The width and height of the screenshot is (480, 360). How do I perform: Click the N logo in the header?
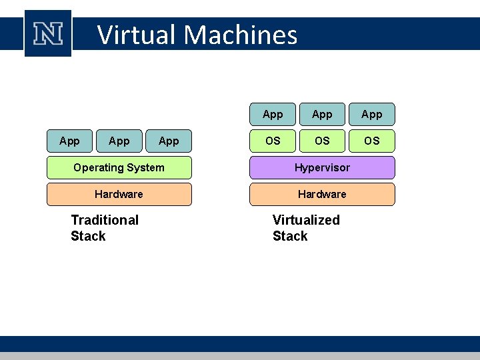tap(48, 33)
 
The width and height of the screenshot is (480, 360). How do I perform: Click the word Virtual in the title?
tap(137, 35)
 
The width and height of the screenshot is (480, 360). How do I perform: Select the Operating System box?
tap(119, 167)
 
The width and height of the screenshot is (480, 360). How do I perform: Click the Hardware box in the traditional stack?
tap(119, 194)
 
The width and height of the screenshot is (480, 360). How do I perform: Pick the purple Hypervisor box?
tap(322, 167)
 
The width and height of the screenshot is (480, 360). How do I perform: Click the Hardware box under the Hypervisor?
tap(322, 194)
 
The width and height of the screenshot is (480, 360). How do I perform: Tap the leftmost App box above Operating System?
tap(69, 141)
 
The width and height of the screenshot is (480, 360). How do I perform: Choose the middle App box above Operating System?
tap(119, 141)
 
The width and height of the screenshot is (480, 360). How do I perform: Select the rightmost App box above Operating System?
tap(169, 141)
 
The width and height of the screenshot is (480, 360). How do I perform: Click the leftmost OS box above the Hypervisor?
tap(273, 141)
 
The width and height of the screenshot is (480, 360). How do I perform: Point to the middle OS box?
tap(322, 141)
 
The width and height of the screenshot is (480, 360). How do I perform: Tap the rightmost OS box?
tap(372, 141)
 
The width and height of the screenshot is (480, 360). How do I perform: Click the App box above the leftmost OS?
tap(273, 114)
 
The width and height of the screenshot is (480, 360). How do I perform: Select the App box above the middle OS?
tap(322, 114)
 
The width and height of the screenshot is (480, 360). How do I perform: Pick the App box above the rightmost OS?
tap(372, 114)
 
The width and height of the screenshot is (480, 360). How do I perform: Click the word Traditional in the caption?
tap(105, 220)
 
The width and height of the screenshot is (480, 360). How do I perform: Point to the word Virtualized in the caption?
tap(306, 220)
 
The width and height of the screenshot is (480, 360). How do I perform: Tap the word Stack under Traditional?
tap(88, 236)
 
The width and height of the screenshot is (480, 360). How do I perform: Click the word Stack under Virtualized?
tap(290, 236)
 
